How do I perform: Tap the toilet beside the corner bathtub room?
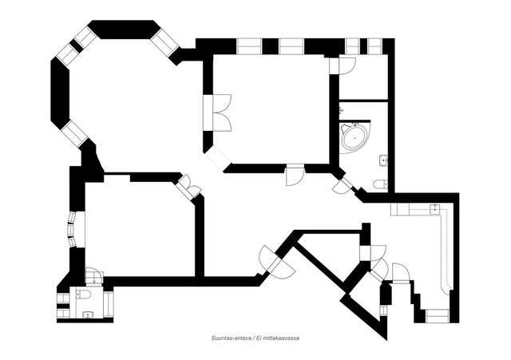pyautogui.click(x=379, y=184)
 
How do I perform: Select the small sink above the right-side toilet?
pyautogui.click(x=384, y=160)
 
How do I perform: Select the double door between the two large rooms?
pyautogui.click(x=220, y=113)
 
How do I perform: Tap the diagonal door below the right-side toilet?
pyautogui.click(x=343, y=185)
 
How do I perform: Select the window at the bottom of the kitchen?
pyautogui.click(x=436, y=315)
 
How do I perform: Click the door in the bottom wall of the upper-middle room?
pyautogui.click(x=295, y=173)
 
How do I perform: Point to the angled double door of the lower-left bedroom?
pyautogui.click(x=189, y=188)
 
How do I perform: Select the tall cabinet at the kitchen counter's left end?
pyautogui.click(x=398, y=210)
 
